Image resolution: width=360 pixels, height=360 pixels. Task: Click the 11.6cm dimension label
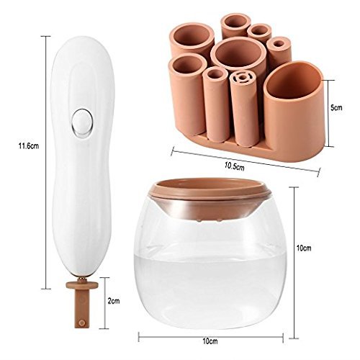coord(29,146)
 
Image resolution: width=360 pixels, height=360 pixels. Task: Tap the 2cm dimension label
coord(114,301)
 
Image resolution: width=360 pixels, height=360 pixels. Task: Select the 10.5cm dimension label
coord(235,166)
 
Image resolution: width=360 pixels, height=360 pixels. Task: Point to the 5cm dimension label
coord(336,107)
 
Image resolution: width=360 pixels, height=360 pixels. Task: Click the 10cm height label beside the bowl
coord(304,248)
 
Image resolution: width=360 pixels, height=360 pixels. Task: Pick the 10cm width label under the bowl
coord(210,341)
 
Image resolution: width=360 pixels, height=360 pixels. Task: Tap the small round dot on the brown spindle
coord(82,323)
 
